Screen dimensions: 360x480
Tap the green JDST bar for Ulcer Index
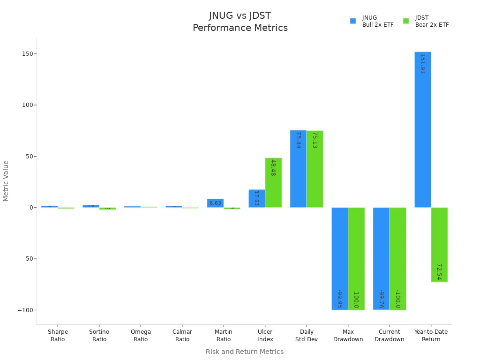click(x=273, y=183)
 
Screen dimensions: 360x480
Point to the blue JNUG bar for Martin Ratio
click(x=215, y=203)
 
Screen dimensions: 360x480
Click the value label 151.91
click(x=422, y=63)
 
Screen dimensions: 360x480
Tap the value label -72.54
click(x=439, y=270)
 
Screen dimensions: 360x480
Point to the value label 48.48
click(x=273, y=167)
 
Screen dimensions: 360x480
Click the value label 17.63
click(x=256, y=198)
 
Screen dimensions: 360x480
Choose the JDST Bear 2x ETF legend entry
click(x=426, y=21)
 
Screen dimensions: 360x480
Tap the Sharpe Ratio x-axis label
click(x=58, y=336)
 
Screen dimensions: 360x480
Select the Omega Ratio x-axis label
click(x=141, y=336)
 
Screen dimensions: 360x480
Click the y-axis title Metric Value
click(x=6, y=181)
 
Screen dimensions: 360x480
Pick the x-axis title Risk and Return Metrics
click(x=245, y=352)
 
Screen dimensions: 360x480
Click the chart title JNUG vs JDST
click(x=240, y=16)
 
